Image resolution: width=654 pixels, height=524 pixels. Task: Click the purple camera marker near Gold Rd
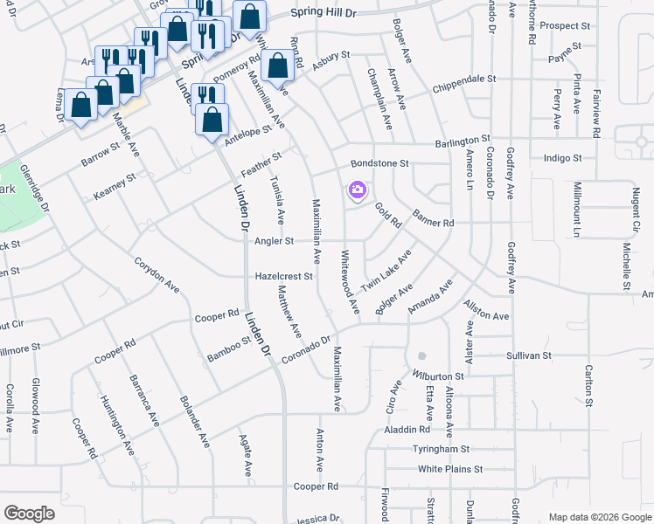pyautogui.click(x=357, y=189)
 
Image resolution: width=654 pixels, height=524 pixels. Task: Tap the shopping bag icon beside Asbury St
pyautogui.click(x=278, y=65)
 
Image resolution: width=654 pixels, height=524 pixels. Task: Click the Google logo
pyautogui.click(x=29, y=514)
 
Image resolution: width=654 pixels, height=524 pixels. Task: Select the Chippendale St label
pyautogui.click(x=465, y=79)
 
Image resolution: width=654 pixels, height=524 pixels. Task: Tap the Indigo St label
pyautogui.click(x=562, y=158)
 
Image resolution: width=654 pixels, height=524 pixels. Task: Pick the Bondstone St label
pyautogui.click(x=379, y=163)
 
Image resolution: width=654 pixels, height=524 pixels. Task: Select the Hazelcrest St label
pyautogui.click(x=283, y=276)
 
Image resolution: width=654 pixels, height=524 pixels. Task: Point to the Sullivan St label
pyautogui.click(x=529, y=355)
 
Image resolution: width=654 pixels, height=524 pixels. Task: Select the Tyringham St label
pyautogui.click(x=442, y=449)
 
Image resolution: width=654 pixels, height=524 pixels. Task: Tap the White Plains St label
pyautogui.click(x=450, y=469)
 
